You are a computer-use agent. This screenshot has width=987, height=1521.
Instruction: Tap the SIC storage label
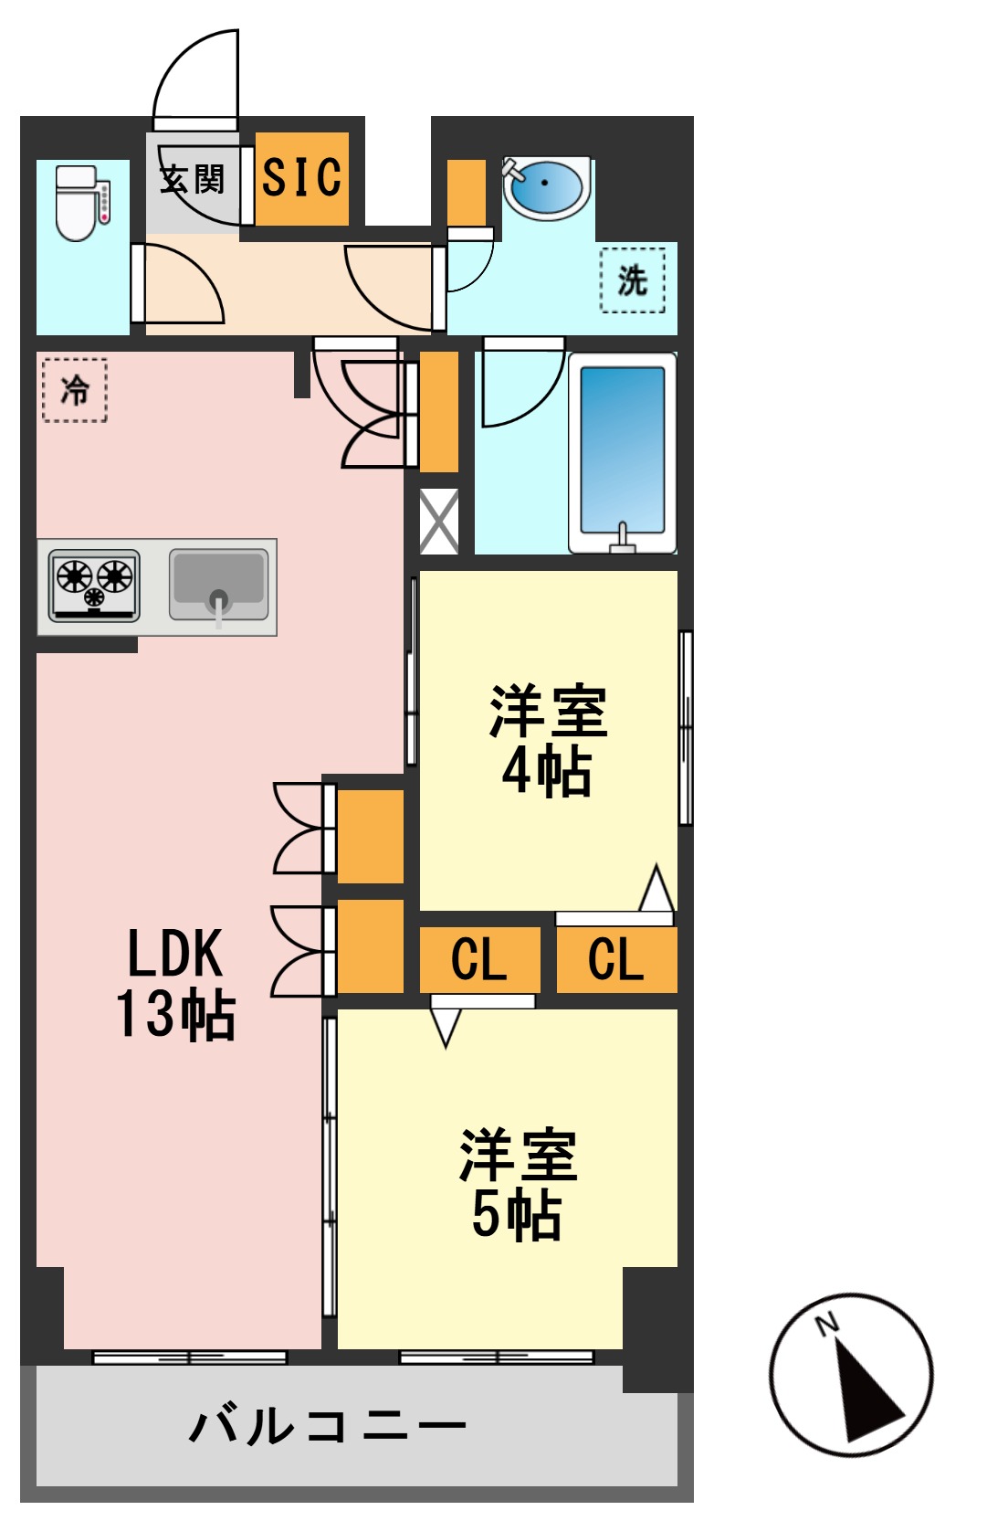click(301, 177)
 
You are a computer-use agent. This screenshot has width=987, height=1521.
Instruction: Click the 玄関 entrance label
click(192, 179)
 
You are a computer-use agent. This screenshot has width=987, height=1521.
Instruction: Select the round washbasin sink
click(545, 188)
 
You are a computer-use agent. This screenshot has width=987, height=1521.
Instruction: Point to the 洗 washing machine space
click(633, 280)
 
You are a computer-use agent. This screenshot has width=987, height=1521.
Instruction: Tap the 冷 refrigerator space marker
click(75, 390)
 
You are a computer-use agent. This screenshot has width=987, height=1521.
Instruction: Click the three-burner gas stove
click(94, 586)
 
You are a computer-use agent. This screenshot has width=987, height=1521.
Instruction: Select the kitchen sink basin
click(218, 585)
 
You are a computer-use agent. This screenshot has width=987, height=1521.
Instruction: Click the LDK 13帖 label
click(175, 983)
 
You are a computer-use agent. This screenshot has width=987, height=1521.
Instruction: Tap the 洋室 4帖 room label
click(548, 740)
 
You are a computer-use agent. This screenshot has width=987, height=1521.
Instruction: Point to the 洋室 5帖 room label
click(518, 1184)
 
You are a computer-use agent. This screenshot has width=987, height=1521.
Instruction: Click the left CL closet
click(479, 959)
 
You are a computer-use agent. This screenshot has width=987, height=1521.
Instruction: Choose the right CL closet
click(616, 959)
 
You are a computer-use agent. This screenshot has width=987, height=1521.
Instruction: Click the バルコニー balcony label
click(327, 1425)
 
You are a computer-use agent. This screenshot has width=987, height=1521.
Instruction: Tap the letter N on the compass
click(827, 1323)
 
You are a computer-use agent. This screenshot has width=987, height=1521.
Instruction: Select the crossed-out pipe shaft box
click(439, 522)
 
